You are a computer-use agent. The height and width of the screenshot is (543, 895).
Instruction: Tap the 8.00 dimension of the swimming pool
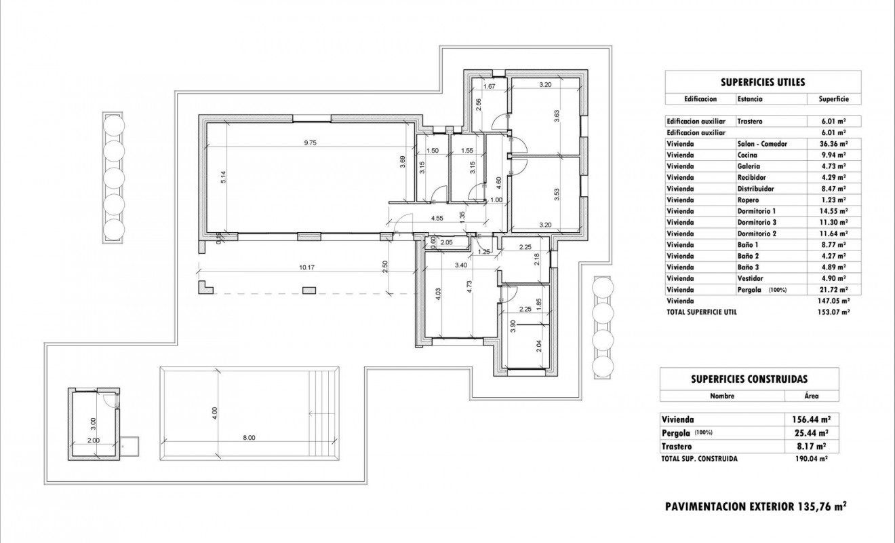click(250, 438)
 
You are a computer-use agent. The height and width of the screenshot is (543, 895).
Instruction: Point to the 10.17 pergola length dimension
click(306, 267)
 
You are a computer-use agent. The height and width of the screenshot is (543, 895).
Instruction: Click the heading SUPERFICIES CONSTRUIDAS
click(749, 379)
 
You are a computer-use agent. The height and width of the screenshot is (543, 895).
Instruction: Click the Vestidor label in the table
click(750, 278)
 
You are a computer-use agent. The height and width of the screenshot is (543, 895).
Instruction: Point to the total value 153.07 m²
click(833, 312)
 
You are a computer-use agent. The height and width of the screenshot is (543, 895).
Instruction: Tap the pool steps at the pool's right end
click(326, 412)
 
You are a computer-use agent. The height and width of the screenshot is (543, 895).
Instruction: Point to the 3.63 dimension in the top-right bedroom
click(557, 116)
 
